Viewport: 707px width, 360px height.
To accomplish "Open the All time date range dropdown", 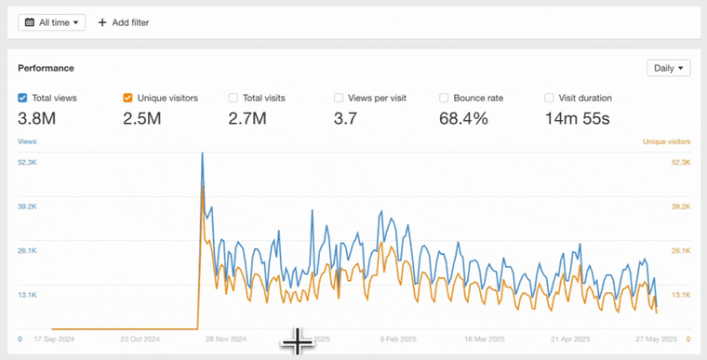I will point(51,21).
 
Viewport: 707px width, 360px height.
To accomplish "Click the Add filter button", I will point(123,21).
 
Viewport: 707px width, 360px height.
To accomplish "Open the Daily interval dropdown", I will point(668,68).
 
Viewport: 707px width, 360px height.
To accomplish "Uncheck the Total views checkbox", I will point(23,98).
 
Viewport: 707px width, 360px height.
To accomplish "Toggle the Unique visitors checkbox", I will point(128,98).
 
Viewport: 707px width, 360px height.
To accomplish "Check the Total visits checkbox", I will point(233,98).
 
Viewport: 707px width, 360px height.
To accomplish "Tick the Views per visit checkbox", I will point(339,98).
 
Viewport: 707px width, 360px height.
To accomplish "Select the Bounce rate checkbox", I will point(444,98).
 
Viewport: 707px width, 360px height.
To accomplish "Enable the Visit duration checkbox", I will point(550,98).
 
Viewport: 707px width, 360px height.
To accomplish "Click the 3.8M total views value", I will point(37,118).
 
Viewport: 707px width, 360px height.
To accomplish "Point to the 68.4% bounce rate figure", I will point(464,118).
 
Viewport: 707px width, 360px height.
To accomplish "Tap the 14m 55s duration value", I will point(577,118).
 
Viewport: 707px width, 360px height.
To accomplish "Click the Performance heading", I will point(47,68).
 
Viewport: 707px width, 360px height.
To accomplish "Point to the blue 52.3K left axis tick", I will point(27,162).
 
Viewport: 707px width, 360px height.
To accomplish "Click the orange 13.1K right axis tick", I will point(679,295).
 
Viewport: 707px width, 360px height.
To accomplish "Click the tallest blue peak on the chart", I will point(203,154).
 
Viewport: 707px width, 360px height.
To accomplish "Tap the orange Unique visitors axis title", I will point(666,141).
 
